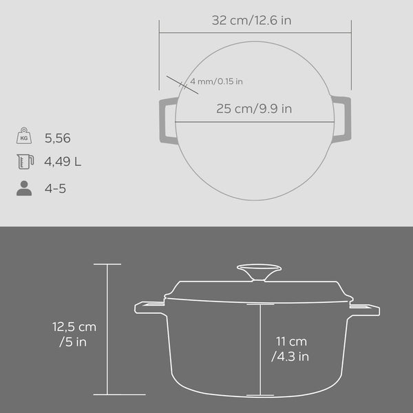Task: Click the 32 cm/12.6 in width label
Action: tap(251, 20)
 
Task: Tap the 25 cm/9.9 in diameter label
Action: tap(254, 109)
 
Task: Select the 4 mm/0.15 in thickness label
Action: tap(216, 81)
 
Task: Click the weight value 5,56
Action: tap(57, 138)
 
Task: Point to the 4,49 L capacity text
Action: tap(63, 162)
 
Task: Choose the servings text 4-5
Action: tap(55, 189)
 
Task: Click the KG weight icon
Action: tap(24, 136)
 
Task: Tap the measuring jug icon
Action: tap(25, 162)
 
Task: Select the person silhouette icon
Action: tap(24, 188)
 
